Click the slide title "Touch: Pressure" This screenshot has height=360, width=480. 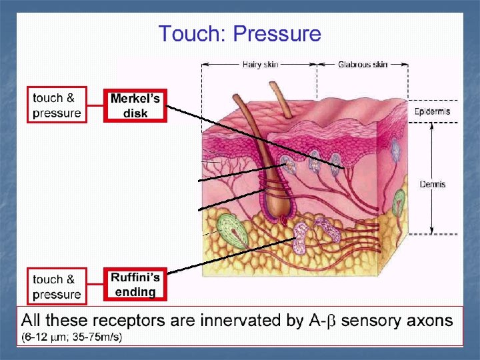coord(239,34)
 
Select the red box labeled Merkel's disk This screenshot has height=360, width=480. coord(135,105)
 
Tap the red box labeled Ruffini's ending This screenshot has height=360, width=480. coord(135,285)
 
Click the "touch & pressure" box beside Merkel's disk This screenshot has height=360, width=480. coord(57,105)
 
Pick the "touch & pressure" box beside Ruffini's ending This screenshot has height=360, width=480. coord(57,287)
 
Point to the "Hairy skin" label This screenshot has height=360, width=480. coord(259,65)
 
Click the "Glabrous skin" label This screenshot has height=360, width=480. coord(362,65)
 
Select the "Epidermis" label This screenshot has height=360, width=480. coord(432,111)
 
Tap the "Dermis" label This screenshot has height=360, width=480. coord(432,184)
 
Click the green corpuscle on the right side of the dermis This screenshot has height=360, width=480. coord(399,201)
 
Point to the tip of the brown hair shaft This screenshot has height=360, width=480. coord(273,85)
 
